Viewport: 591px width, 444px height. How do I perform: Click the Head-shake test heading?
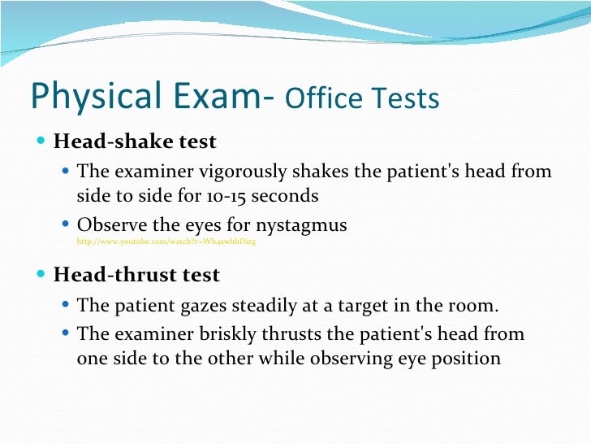[135, 141]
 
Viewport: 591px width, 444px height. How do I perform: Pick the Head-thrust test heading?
[136, 275]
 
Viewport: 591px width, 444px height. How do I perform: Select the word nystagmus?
[300, 224]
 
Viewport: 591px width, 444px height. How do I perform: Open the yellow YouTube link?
[166, 242]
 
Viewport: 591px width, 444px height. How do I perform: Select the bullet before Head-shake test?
[42, 141]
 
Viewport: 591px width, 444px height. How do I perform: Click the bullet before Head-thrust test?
[42, 275]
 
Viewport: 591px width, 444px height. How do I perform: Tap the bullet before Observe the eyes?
[67, 224]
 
